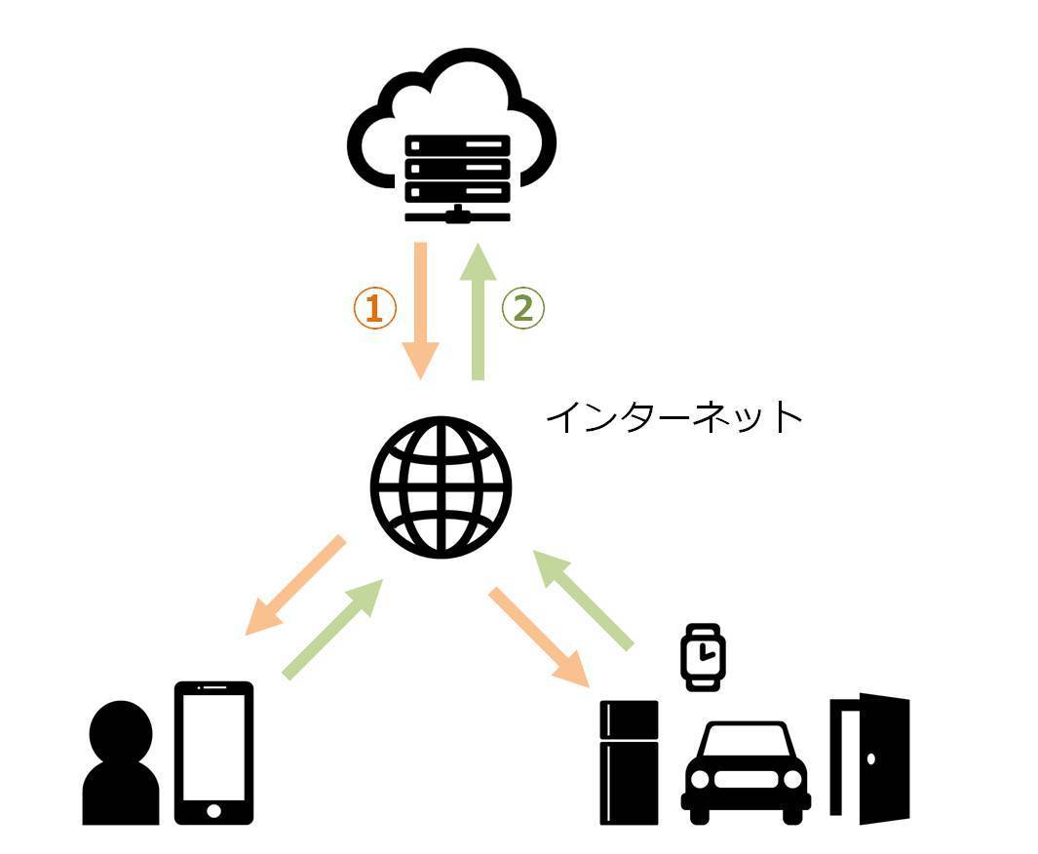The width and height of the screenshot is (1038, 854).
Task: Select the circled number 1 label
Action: (374, 308)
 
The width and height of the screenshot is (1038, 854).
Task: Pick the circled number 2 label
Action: (522, 308)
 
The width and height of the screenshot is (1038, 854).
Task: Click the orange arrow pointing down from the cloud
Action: (421, 309)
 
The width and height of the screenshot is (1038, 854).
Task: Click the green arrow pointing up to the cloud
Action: (478, 309)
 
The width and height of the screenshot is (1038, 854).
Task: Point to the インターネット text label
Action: (673, 417)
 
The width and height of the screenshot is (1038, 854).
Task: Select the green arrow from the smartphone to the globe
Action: (331, 629)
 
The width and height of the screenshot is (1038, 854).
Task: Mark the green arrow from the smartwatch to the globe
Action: (584, 600)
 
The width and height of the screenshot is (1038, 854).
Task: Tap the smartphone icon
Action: (213, 753)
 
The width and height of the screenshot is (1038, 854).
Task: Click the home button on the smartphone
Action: (213, 810)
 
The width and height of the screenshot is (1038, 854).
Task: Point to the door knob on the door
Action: (872, 758)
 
